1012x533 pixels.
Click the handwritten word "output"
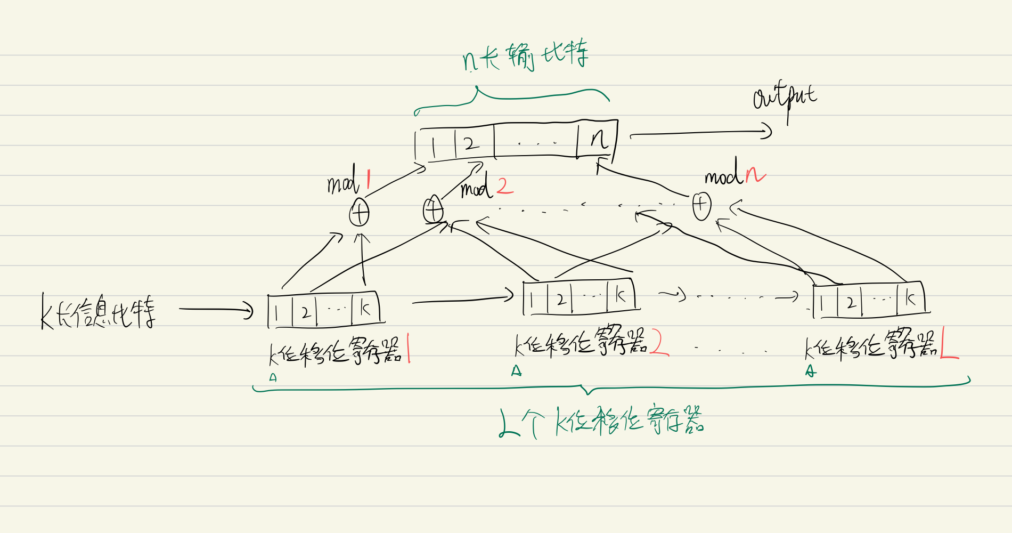click(x=784, y=99)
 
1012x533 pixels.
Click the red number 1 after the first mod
click(x=368, y=180)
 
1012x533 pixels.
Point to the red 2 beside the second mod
click(x=504, y=186)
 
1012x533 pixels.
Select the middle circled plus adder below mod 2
click(x=433, y=209)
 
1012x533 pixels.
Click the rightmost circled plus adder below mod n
click(x=701, y=206)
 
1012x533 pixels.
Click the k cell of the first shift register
click(x=365, y=308)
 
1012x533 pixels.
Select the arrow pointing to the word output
click(x=700, y=132)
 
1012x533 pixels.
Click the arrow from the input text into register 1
click(x=216, y=309)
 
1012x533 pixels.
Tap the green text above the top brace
click(x=525, y=56)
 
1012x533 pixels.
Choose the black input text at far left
click(x=99, y=311)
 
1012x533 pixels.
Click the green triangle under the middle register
click(x=516, y=371)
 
